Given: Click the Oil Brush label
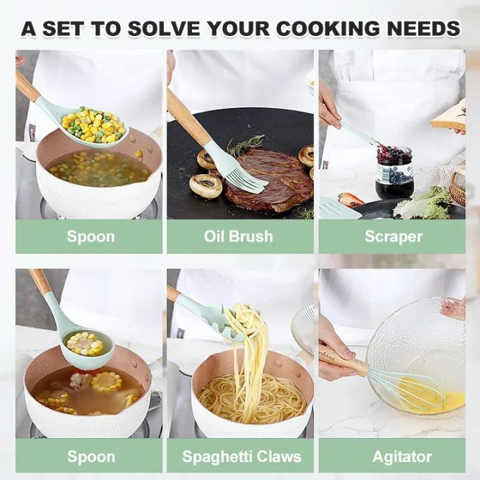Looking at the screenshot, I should pos(239,237).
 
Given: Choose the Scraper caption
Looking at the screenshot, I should pos(393,237).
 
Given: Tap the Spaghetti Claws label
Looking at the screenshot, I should pos(241,457).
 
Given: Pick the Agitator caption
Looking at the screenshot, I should pos(393,457).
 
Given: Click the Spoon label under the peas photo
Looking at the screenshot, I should pos(90,237).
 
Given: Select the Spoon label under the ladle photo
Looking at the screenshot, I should pos(90,457).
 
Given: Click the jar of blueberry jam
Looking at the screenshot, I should pos(394,171).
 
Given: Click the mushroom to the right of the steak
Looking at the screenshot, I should pos(306,156).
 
